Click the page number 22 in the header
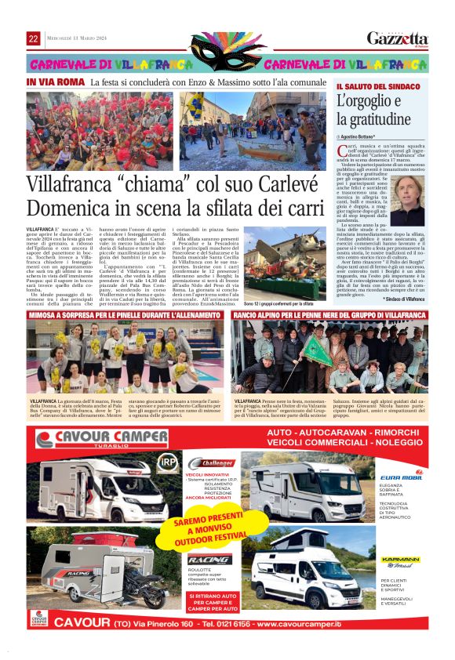click(34, 39)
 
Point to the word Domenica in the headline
click(70, 208)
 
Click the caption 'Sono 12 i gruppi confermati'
click(278, 303)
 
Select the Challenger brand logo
click(208, 463)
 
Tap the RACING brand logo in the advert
click(209, 559)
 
